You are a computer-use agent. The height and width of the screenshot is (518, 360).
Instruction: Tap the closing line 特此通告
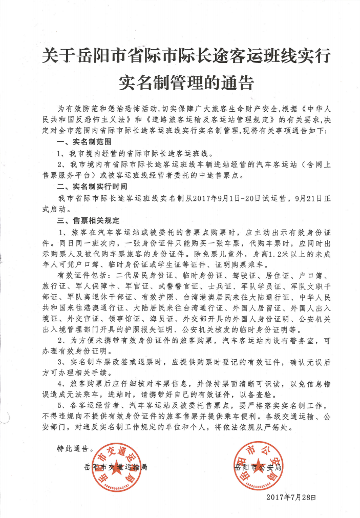(x=75, y=447)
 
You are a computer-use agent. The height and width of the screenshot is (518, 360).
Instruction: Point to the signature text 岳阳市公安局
(x=258, y=467)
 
